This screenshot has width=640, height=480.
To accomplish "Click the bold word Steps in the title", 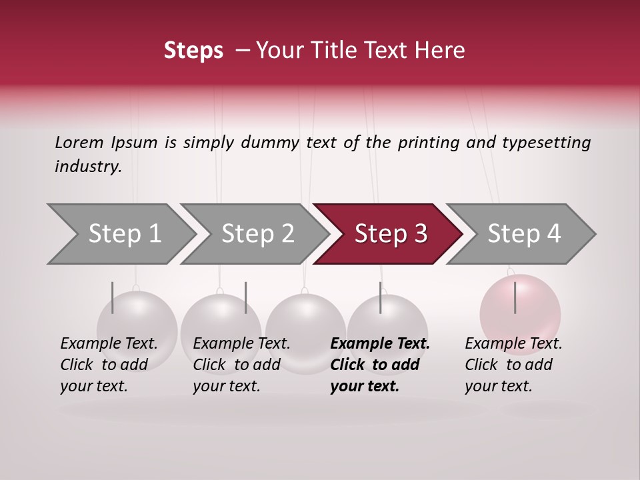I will point(193,50).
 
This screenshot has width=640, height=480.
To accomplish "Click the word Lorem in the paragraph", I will point(79,142).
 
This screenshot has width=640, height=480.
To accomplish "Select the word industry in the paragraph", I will point(87,167).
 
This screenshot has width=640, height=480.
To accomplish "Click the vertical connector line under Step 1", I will point(113,297).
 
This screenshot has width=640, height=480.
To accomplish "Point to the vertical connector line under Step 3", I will point(380,297).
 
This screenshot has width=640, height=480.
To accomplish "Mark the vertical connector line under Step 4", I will point(515,297).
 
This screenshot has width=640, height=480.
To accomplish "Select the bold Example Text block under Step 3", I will point(379,365).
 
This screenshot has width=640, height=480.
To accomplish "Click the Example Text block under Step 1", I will point(109,365).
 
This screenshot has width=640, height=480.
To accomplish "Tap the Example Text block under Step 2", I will point(241,365).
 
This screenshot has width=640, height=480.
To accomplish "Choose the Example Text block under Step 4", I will point(513,365).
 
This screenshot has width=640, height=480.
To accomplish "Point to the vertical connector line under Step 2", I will point(246,297).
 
